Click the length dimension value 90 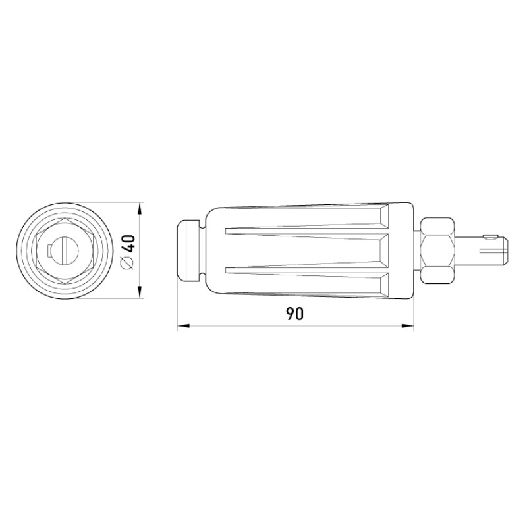click(294, 314)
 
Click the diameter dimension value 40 click(128, 244)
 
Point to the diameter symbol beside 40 click(128, 262)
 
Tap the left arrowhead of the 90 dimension click(184, 325)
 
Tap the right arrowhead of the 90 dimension click(407, 325)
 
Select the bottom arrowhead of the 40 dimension click(140, 292)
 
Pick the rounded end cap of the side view click(188, 250)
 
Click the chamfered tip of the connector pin click(505, 250)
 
